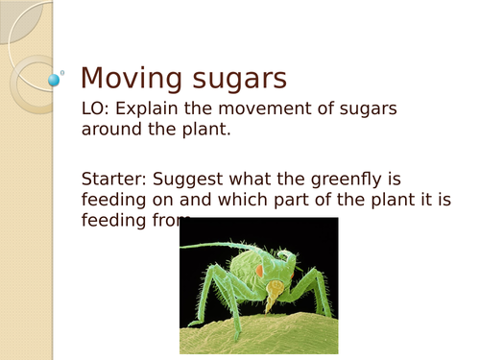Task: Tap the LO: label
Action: [x=98, y=109]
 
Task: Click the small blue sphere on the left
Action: [x=54, y=80]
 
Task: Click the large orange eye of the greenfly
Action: [x=257, y=272]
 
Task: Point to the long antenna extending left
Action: [x=206, y=247]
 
